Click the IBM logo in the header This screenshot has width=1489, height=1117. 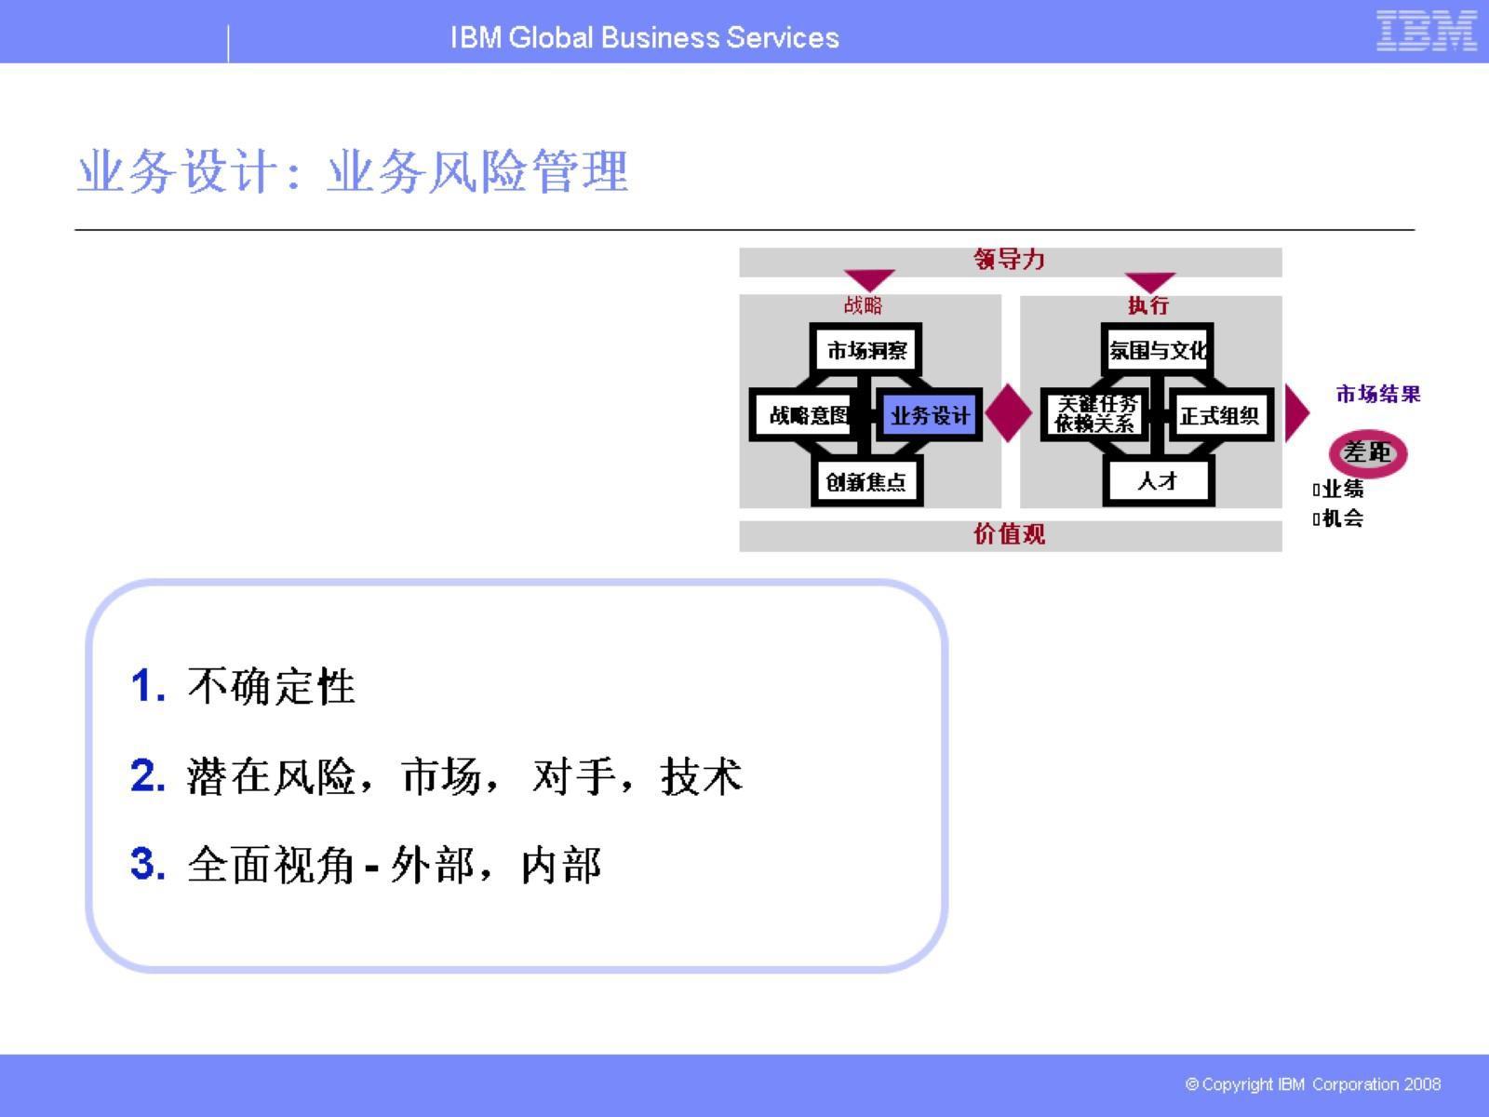pyautogui.click(x=1426, y=32)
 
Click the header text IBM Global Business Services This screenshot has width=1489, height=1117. pyautogui.click(x=644, y=37)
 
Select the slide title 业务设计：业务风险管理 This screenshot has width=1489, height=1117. pyautogui.click(x=353, y=172)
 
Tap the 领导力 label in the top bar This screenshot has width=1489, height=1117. pyautogui.click(x=1010, y=260)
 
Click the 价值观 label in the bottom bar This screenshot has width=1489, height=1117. pyautogui.click(x=1010, y=534)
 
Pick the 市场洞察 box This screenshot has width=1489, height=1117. pyautogui.click(x=866, y=350)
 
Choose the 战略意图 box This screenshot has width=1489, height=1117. pyautogui.click(x=806, y=415)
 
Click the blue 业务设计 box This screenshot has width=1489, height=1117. pyautogui.click(x=929, y=415)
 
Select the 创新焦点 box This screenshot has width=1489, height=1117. pyautogui.click(x=866, y=481)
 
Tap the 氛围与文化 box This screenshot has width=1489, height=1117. pyautogui.click(x=1158, y=350)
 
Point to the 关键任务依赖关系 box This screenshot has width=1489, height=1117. pyautogui.click(x=1095, y=414)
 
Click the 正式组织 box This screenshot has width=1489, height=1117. pyautogui.click(x=1219, y=415)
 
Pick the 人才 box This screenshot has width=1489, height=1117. pyautogui.click(x=1158, y=481)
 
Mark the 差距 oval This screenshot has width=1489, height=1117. pyautogui.click(x=1367, y=453)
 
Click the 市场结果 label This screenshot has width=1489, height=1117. pyautogui.click(x=1378, y=394)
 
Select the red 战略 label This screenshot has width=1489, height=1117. pyautogui.click(x=863, y=304)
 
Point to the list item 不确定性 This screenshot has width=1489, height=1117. pyautogui.click(x=271, y=687)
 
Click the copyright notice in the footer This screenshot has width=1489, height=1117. pyautogui.click(x=1313, y=1084)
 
